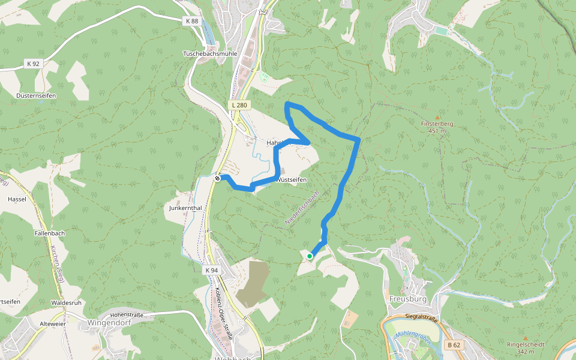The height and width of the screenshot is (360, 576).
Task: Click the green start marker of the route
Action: (310, 256)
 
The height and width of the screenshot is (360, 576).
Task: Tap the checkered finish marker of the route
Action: (218, 178)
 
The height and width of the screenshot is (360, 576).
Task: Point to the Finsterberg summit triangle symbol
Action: (437, 117)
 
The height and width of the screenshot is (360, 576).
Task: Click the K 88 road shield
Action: (191, 20)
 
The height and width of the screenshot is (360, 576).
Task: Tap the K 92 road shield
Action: (32, 63)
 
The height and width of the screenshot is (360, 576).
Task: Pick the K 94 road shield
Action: (212, 271)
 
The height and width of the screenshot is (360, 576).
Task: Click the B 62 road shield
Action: (454, 345)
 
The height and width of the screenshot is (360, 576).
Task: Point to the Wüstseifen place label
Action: (292, 179)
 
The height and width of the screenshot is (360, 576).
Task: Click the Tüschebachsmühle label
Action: (210, 53)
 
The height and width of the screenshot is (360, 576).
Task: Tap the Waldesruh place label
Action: (66, 303)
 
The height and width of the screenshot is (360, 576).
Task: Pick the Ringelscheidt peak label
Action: (525, 344)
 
